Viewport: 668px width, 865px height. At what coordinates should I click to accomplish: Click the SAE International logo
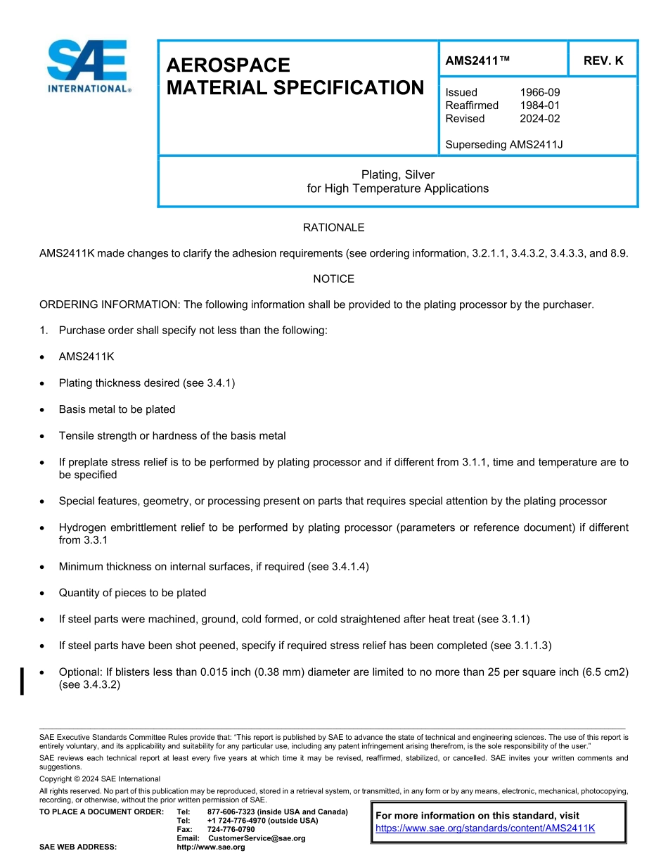click(88, 65)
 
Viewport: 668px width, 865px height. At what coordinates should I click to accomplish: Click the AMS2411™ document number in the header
click(477, 61)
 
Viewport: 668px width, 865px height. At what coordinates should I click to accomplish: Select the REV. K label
click(603, 61)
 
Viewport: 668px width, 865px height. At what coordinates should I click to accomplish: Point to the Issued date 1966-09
click(540, 92)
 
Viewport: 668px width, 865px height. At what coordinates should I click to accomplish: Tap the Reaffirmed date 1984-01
click(540, 105)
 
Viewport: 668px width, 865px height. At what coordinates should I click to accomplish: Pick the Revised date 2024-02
click(540, 119)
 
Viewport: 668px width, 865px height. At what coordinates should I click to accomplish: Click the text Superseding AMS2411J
click(504, 145)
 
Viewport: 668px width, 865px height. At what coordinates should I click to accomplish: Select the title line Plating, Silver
click(398, 174)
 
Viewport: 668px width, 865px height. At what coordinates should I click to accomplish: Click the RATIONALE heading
click(333, 227)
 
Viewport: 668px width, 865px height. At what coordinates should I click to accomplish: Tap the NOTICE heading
click(333, 279)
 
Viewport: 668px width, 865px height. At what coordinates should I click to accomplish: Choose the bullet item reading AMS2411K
click(86, 357)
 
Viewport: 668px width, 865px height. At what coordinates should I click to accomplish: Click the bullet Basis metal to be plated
click(117, 409)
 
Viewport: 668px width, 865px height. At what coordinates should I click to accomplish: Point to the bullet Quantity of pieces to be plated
click(132, 593)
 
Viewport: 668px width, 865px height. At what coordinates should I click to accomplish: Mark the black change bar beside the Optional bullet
click(23, 681)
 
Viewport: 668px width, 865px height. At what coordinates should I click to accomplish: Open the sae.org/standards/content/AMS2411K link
click(485, 828)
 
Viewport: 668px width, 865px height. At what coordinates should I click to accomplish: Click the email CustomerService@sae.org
click(257, 838)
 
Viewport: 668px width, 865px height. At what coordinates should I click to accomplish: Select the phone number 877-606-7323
click(231, 812)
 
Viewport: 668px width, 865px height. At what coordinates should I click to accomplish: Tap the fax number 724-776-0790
click(231, 830)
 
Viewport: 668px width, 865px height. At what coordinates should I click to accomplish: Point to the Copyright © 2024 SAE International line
click(100, 779)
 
